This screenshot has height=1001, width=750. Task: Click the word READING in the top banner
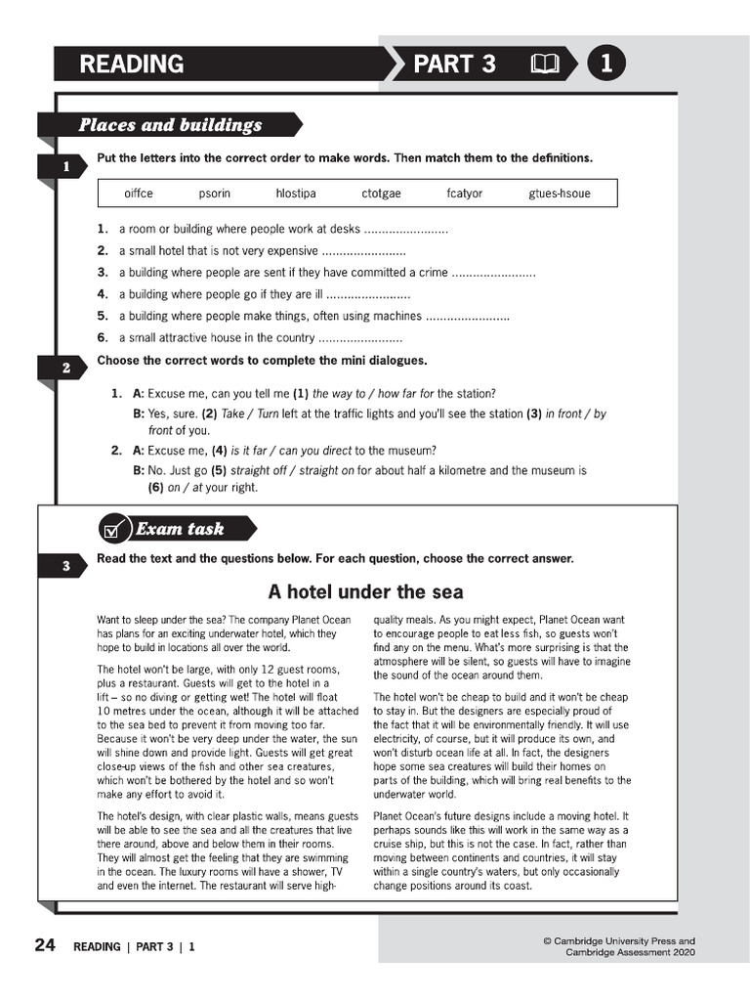click(x=131, y=65)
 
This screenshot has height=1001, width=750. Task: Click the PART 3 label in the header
click(x=454, y=65)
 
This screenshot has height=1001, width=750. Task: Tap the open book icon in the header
click(x=544, y=65)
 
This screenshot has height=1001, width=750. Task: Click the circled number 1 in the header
click(x=605, y=65)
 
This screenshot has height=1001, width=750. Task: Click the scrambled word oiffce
click(x=139, y=194)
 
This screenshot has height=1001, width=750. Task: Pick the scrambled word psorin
click(x=215, y=194)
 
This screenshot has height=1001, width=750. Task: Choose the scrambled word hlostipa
click(x=296, y=194)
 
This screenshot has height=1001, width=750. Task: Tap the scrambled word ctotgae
click(x=381, y=194)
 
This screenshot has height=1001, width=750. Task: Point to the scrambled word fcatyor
click(x=464, y=194)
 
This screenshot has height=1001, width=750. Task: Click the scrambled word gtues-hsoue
click(x=559, y=194)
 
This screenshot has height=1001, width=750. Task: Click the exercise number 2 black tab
click(x=65, y=369)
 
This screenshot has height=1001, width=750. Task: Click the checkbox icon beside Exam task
click(x=114, y=529)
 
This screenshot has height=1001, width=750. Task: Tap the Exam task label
click(x=180, y=529)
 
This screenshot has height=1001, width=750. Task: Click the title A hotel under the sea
click(x=365, y=592)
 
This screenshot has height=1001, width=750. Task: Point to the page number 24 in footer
click(x=44, y=945)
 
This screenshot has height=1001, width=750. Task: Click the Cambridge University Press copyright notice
click(x=619, y=946)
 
